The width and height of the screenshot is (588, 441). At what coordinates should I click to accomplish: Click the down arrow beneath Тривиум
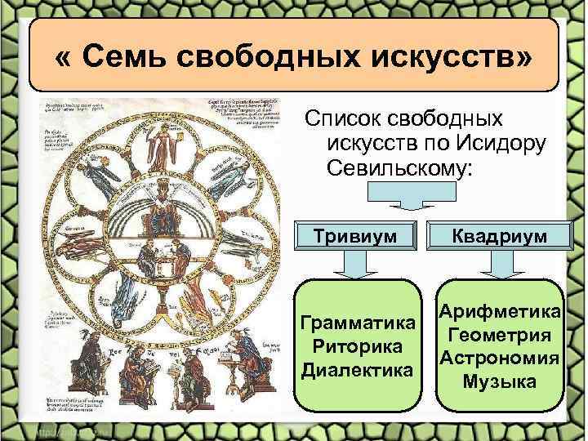(357, 265)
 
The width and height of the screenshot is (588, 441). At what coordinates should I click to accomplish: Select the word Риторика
(356, 346)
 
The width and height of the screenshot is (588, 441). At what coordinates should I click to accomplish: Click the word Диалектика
(356, 370)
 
